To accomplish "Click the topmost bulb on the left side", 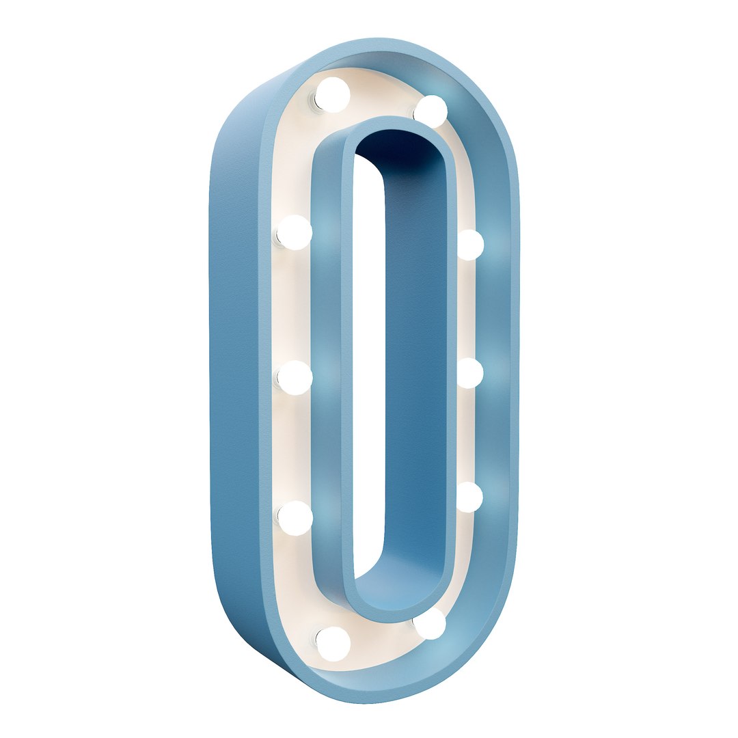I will coord(333,94).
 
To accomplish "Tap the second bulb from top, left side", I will coord(295,232).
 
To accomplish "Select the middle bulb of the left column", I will coord(295,378).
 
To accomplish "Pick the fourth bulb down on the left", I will coord(295,518).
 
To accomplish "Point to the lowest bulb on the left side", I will coord(333,644).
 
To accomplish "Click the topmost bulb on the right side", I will coord(431,111).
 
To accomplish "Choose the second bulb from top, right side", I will coord(470,245).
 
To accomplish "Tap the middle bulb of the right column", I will coord(469,373).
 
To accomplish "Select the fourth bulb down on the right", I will coord(469,497).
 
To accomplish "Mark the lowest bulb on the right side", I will coord(431,624).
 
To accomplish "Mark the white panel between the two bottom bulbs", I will coord(383,639).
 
